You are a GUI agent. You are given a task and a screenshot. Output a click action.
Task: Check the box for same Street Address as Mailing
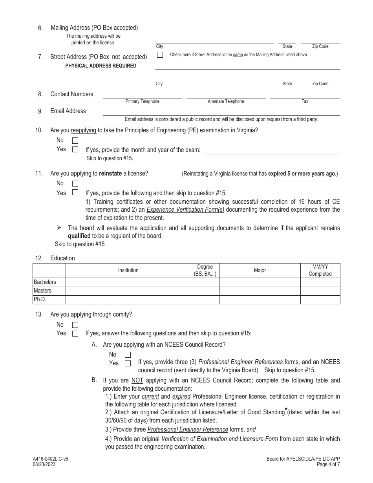point(160,55)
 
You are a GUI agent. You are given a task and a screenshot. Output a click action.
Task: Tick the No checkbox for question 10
point(75,141)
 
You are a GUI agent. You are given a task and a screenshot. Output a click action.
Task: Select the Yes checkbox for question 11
point(75,193)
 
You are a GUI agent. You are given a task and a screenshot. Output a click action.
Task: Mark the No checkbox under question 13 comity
point(75,325)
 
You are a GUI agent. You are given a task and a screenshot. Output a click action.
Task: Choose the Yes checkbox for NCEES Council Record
point(128,363)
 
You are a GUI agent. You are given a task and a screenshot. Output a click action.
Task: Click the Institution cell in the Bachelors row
point(128,282)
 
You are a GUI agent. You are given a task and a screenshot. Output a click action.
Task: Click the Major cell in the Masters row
point(260,291)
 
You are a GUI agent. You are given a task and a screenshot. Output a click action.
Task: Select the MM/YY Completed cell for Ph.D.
point(320,300)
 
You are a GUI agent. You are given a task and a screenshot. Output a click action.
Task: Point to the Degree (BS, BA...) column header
point(205,270)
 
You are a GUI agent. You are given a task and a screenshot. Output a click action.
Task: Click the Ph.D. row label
point(40,300)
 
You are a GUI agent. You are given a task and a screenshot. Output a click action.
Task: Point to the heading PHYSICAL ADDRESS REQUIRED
point(101,66)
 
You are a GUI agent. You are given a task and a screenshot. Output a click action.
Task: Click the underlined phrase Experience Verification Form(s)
point(185,210)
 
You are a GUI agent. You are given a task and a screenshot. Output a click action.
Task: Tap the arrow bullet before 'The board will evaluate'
point(59,228)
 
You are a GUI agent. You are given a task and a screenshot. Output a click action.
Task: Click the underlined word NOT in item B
point(137,381)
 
